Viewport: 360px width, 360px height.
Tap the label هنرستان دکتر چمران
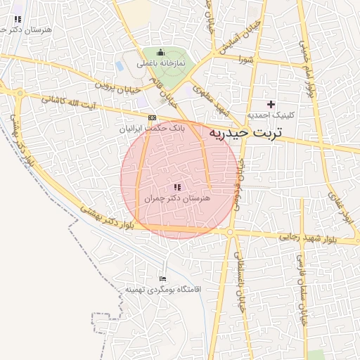177,199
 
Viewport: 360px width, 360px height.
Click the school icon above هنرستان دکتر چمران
177,187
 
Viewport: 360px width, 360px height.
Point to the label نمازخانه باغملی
160,63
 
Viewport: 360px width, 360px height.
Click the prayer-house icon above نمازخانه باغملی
160,52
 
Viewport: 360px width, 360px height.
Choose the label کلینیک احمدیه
271,115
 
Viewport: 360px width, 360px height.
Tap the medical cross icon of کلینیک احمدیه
271,103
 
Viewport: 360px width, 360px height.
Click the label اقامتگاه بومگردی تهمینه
163,290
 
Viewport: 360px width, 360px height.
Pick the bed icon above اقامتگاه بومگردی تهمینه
163,278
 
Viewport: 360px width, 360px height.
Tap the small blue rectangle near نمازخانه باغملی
120,65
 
